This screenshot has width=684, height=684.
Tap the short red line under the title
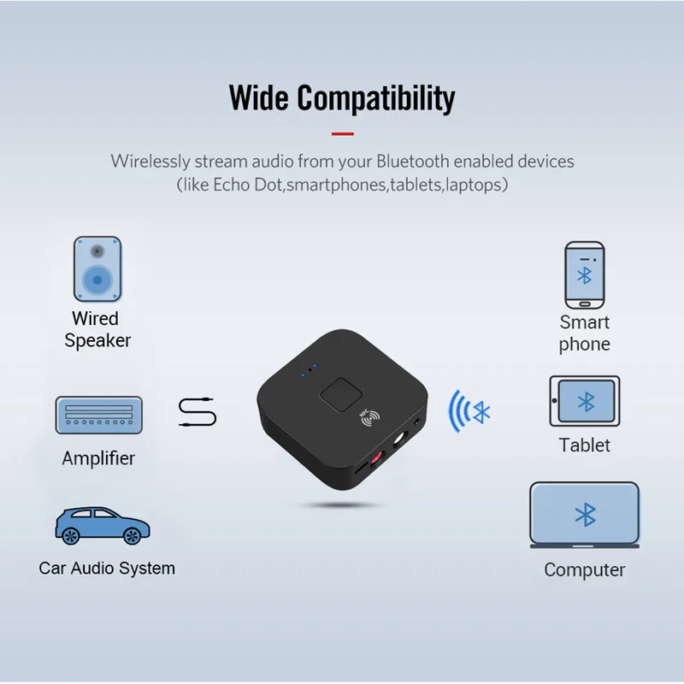tap(342, 133)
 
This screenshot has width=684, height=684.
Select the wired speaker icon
tap(97, 268)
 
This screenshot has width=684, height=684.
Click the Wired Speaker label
tap(97, 329)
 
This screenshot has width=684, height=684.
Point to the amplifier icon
tap(98, 415)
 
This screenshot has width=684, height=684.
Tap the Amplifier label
tap(98, 458)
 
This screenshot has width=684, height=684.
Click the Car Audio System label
tap(107, 569)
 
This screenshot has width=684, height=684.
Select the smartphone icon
tap(585, 274)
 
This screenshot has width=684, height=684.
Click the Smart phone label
tap(585, 333)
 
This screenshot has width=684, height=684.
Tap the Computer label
tap(585, 570)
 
